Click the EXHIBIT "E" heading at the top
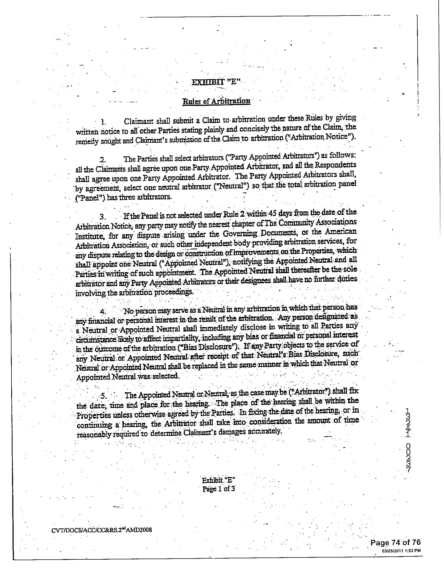(216, 82)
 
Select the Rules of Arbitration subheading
(216, 101)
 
